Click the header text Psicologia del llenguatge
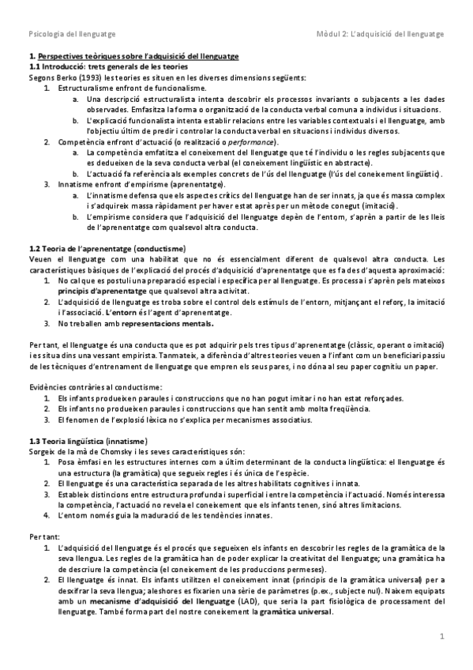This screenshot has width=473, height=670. click(72, 35)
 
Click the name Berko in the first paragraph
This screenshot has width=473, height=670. click(57, 77)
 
